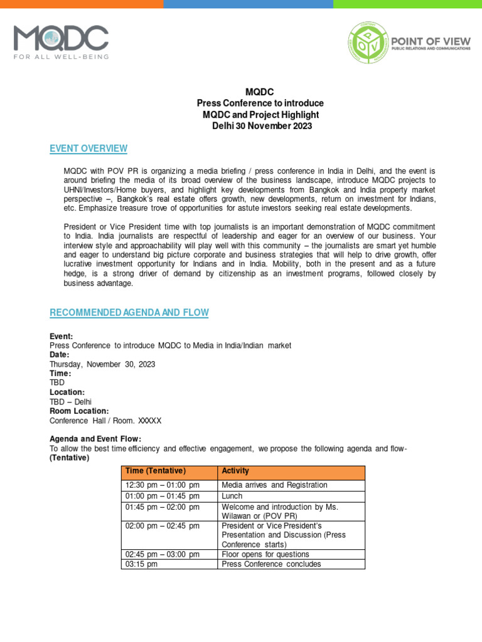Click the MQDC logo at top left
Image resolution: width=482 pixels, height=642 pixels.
tap(61, 38)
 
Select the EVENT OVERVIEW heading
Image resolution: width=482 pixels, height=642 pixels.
tap(88, 149)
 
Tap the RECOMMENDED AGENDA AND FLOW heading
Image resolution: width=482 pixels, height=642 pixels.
tap(129, 312)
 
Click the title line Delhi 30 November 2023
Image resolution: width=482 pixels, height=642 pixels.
tap(260, 126)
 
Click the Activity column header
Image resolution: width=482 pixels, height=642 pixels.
tap(235, 471)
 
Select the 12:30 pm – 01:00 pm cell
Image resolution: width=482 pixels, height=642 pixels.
tap(162, 485)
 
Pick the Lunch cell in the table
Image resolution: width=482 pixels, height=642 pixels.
tap(232, 496)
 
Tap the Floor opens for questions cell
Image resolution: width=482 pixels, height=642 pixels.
tap(265, 554)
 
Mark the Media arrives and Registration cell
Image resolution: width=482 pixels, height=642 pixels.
tap(274, 485)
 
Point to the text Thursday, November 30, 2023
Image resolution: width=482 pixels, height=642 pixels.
tap(102, 364)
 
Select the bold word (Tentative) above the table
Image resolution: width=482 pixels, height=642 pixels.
tap(70, 458)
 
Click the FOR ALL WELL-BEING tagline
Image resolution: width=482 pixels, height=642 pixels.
tap(61, 56)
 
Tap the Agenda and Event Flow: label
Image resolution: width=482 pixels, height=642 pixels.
tap(95, 438)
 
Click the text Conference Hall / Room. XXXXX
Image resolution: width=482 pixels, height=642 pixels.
tap(105, 421)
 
